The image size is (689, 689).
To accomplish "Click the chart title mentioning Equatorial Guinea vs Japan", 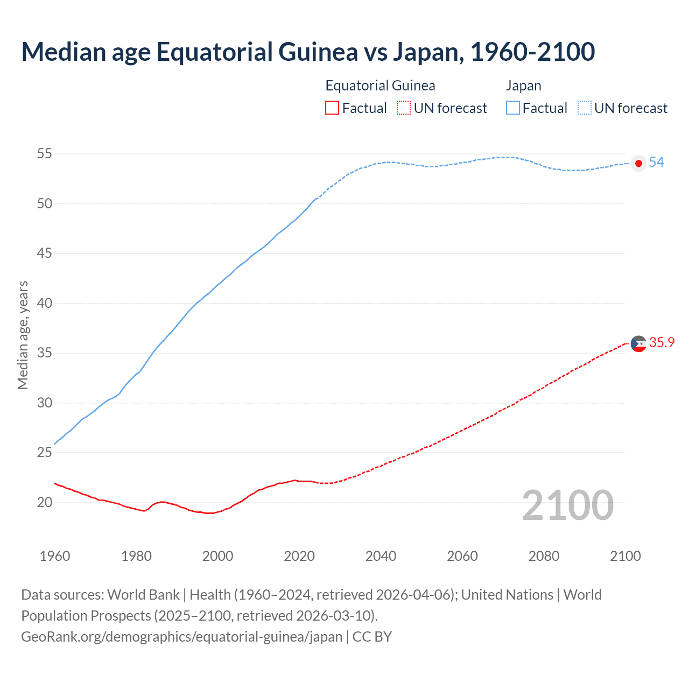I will (x=308, y=52).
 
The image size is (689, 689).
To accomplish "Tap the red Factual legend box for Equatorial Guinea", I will (x=332, y=108).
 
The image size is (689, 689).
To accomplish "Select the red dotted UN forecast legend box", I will (x=404, y=108).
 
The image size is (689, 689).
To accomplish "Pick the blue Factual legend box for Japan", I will (x=513, y=108).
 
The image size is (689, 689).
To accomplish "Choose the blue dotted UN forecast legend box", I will (x=585, y=108).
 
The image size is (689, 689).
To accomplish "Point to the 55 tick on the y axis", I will (x=45, y=154).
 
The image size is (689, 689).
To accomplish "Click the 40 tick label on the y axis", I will (x=45, y=304).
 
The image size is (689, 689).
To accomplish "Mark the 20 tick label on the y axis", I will (x=45, y=503).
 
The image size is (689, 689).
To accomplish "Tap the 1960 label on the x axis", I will (x=55, y=556).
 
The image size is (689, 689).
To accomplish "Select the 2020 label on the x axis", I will (x=299, y=556).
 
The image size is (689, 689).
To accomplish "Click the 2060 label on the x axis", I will (x=462, y=556).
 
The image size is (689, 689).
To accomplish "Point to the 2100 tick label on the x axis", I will (x=625, y=556).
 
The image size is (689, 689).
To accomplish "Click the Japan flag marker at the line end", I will (x=638, y=163).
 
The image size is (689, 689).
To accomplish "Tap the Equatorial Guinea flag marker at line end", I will (x=638, y=343).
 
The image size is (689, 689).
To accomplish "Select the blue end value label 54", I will (x=657, y=163).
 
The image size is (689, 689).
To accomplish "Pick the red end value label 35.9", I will (x=662, y=343).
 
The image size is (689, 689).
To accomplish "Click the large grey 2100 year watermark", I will (x=568, y=505).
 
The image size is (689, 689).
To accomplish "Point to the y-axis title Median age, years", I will (x=23, y=335).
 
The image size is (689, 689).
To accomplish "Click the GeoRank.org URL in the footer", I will (x=181, y=637).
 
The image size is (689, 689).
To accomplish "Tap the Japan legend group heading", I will (x=523, y=86).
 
